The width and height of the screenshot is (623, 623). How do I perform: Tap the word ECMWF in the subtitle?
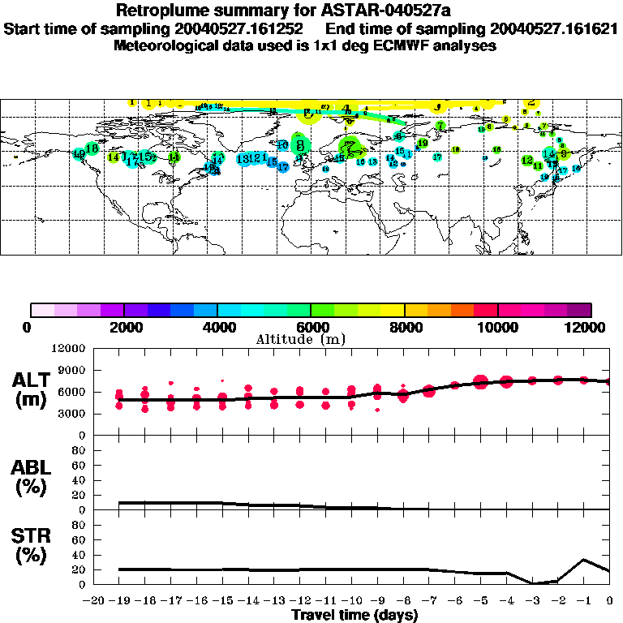410,45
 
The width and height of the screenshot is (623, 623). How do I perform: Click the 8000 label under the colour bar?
403,327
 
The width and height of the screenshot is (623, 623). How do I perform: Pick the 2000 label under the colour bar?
122,327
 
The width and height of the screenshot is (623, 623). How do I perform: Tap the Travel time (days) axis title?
355,615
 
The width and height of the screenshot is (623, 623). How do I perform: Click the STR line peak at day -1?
584,560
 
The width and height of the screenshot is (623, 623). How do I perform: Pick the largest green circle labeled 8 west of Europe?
301,145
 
